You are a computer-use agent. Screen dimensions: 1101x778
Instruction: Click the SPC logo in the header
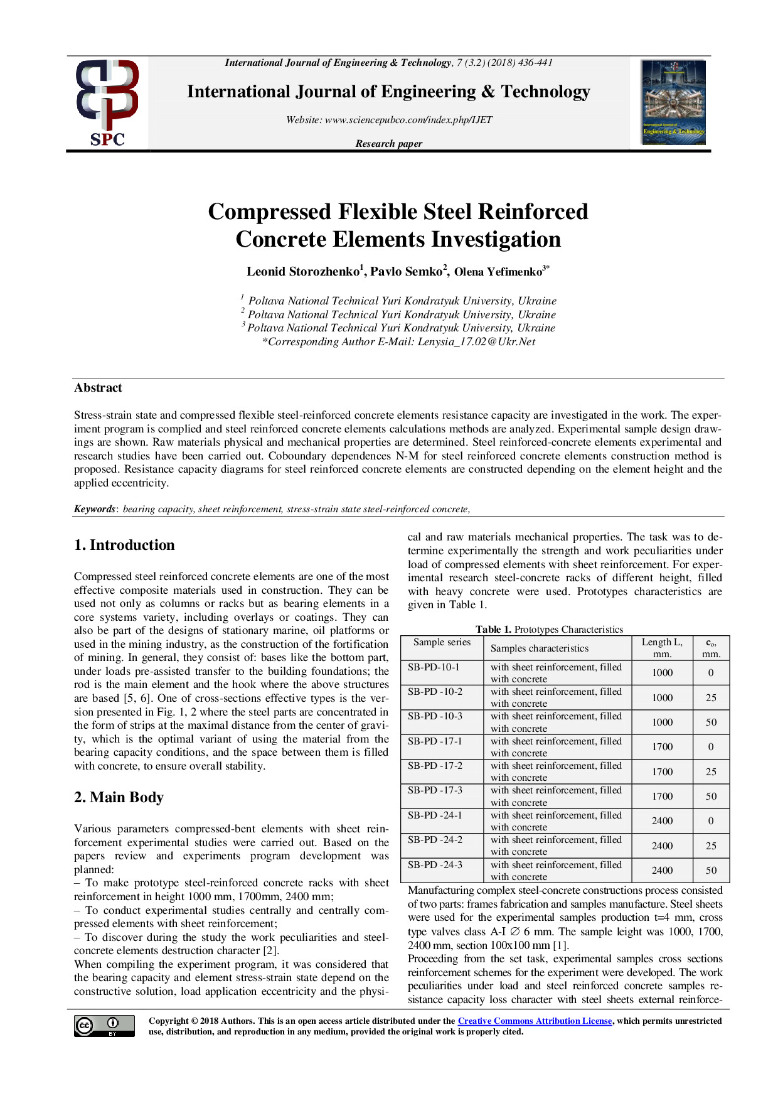coord(107,103)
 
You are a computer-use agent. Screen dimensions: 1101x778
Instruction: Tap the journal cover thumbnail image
coord(673,102)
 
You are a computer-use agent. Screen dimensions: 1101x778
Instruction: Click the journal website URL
coord(408,120)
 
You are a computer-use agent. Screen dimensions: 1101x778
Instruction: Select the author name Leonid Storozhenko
coord(303,272)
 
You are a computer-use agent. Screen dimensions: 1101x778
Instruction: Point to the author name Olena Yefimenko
coord(498,272)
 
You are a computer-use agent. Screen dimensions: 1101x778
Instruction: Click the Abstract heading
coord(98,388)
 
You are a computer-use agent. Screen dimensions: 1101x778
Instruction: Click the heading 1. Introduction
coord(124,545)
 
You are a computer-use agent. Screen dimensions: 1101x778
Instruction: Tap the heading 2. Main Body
coord(119,797)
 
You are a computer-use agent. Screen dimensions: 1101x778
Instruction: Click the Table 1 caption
coord(549,629)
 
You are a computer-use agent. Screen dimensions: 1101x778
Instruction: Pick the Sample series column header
coord(442,642)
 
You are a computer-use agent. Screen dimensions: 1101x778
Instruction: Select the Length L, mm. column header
coord(662,648)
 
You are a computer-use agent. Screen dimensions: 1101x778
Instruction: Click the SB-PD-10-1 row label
coord(434,667)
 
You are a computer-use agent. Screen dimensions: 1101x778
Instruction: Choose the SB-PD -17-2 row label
coord(435,766)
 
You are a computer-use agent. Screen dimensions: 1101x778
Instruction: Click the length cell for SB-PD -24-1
coord(662,820)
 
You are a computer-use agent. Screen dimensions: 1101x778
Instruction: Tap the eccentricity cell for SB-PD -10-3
coord(711,722)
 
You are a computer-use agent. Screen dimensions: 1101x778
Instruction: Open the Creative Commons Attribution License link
coord(535,1021)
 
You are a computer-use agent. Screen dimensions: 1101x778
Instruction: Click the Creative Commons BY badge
coord(104,1026)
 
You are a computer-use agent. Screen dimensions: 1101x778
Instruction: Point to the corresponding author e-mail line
coord(398,342)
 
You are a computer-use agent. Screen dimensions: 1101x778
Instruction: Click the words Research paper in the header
coord(388,144)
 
